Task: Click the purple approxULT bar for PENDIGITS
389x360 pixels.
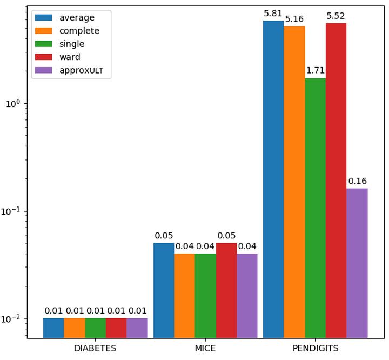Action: (x=357, y=263)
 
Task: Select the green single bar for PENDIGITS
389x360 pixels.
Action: (x=315, y=208)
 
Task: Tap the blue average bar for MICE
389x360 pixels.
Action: (x=164, y=290)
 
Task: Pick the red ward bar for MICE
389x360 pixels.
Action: (x=226, y=290)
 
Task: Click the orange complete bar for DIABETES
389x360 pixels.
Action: (x=75, y=328)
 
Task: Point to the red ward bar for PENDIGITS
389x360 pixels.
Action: (x=336, y=181)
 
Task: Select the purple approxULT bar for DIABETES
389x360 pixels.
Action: (x=137, y=328)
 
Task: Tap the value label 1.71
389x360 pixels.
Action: (x=315, y=71)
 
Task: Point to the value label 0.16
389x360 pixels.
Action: (x=357, y=181)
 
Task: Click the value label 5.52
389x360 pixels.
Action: (x=336, y=16)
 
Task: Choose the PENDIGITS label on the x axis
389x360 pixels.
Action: (x=315, y=349)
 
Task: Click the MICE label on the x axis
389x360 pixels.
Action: (x=205, y=349)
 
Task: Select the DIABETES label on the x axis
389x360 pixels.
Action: (x=95, y=349)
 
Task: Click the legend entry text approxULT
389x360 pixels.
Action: (x=81, y=70)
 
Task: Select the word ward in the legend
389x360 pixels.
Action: (x=70, y=57)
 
